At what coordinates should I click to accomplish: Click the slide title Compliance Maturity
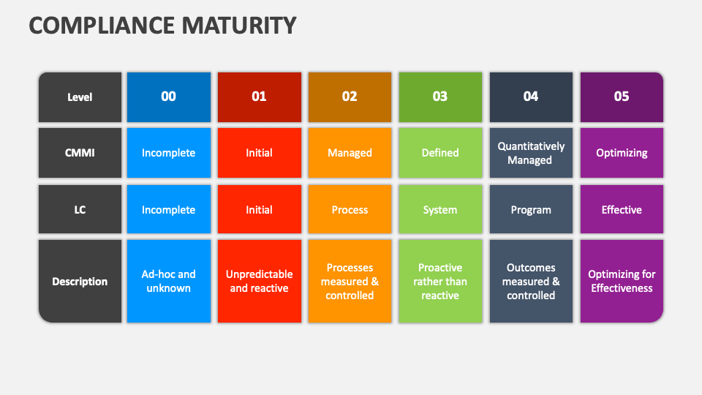pyautogui.click(x=162, y=25)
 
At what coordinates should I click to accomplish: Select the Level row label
pyautogui.click(x=80, y=97)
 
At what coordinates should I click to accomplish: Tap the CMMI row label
pyautogui.click(x=80, y=153)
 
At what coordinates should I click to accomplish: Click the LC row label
pyautogui.click(x=80, y=210)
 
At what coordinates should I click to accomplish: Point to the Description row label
pyautogui.click(x=80, y=282)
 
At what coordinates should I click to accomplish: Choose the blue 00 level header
pyautogui.click(x=168, y=97)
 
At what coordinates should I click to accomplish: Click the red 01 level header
pyautogui.click(x=259, y=97)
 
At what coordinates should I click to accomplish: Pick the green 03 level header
pyautogui.click(x=440, y=97)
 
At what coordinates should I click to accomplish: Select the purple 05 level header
pyautogui.click(x=622, y=97)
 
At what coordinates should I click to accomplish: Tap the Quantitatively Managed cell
pyautogui.click(x=531, y=153)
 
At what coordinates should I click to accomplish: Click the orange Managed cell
pyautogui.click(x=350, y=153)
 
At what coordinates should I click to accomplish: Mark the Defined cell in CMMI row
pyautogui.click(x=440, y=153)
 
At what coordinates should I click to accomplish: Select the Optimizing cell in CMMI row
pyautogui.click(x=622, y=153)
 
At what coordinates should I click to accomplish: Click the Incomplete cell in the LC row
pyautogui.click(x=168, y=210)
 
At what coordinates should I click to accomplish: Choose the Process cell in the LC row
pyautogui.click(x=350, y=210)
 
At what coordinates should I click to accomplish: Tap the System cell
pyautogui.click(x=440, y=210)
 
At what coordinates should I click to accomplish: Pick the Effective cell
pyautogui.click(x=622, y=210)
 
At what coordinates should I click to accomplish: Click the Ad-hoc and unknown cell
pyautogui.click(x=168, y=282)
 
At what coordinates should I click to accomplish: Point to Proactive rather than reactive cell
pyautogui.click(x=440, y=282)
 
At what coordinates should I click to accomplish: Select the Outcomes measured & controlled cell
pyautogui.click(x=531, y=282)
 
